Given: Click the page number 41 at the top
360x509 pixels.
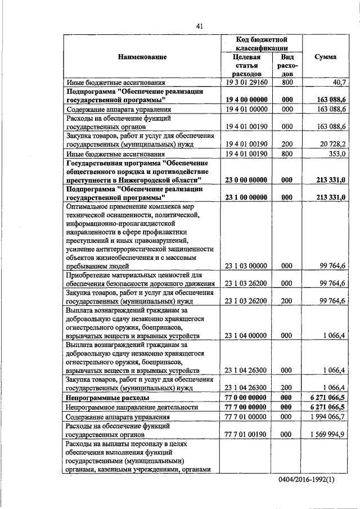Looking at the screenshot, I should click(x=200, y=26).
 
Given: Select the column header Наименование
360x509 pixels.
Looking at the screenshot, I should click(x=142, y=57).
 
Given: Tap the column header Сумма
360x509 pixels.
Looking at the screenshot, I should click(x=326, y=57).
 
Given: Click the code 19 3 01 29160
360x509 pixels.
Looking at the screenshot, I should click(x=246, y=82).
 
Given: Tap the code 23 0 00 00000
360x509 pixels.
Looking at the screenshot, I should click(x=246, y=180).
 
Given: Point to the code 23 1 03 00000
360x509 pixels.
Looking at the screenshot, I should click(x=246, y=265).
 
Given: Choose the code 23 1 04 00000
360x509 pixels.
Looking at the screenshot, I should click(x=246, y=336).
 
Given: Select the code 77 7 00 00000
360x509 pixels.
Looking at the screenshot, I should click(x=246, y=407).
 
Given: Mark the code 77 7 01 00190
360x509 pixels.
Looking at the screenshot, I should click(x=246, y=434).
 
